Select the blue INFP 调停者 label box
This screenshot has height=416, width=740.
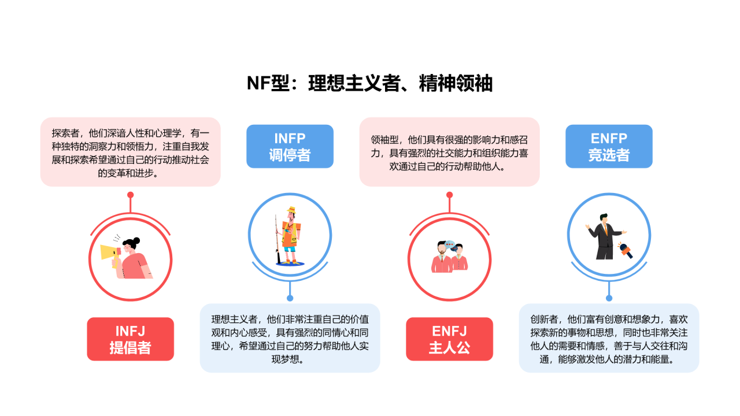[290, 147]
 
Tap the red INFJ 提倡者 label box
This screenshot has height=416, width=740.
[130, 339]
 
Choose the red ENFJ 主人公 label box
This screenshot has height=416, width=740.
[449, 339]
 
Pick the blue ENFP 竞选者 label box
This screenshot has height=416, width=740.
[609, 147]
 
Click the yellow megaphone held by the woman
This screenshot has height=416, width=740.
[109, 252]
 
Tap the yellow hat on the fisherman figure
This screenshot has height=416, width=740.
[291, 210]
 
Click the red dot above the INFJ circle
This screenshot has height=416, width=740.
[131, 195]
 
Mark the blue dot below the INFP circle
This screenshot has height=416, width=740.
[290, 298]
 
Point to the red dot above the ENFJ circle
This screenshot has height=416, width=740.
[449, 195]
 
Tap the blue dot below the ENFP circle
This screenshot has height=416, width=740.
[609, 298]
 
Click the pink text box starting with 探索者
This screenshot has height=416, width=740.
[130, 152]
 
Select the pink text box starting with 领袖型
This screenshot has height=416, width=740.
[449, 152]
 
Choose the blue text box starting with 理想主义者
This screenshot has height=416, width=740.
[290, 338]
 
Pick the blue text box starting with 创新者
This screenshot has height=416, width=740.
[609, 338]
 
